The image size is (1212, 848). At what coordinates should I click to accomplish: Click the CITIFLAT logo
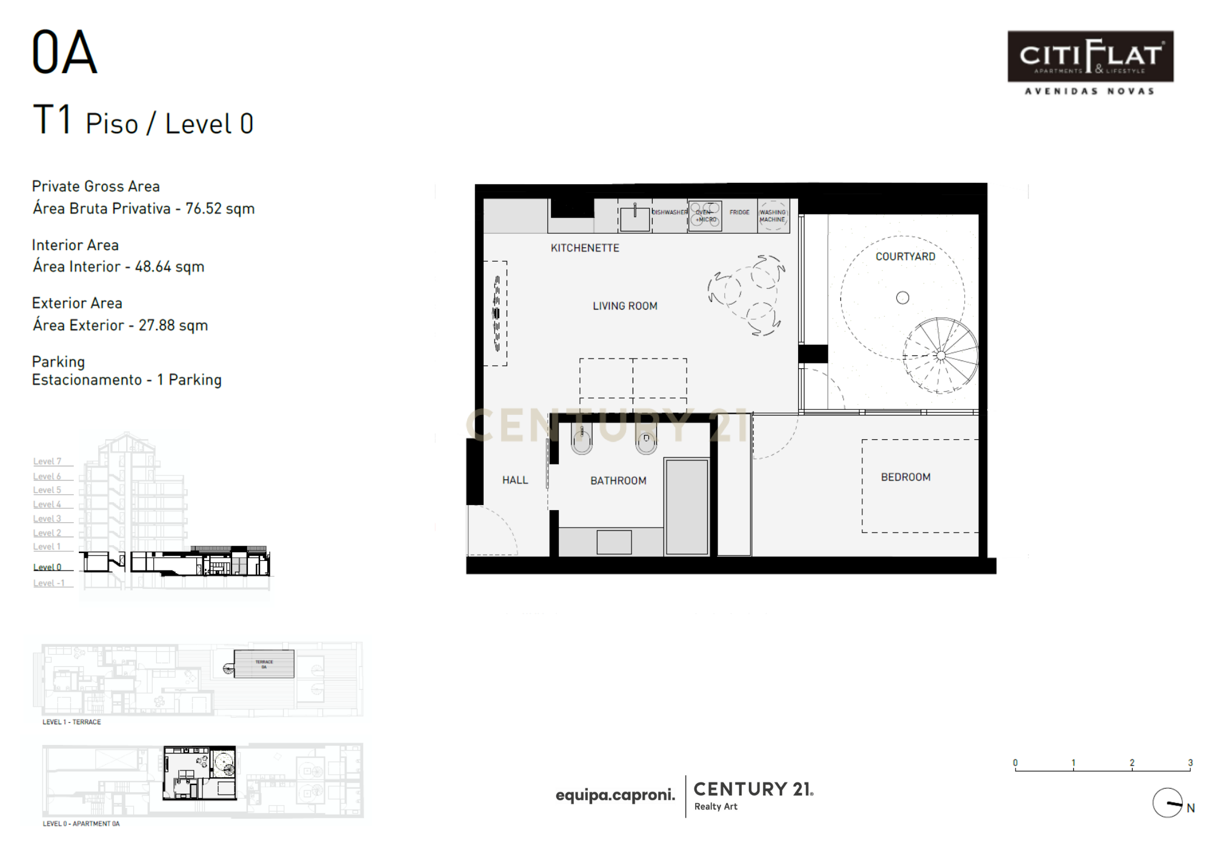click(x=1090, y=57)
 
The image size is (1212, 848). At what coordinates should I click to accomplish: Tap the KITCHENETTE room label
click(x=585, y=248)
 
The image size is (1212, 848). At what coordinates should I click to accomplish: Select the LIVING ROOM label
click(x=625, y=306)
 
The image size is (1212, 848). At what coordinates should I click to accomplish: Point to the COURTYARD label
click(x=905, y=257)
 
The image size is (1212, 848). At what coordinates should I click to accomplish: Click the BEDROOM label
click(x=905, y=477)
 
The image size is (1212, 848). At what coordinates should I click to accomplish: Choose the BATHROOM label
click(x=618, y=481)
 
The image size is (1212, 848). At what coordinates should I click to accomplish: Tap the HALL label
click(x=515, y=480)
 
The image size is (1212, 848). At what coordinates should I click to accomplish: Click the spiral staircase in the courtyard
click(x=941, y=356)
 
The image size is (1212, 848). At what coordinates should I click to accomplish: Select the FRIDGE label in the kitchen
click(x=739, y=213)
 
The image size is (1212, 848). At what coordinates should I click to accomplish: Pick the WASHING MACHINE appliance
click(x=773, y=216)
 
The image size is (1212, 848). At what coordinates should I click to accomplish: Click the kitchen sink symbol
click(x=634, y=217)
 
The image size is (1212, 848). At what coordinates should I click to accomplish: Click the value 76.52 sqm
click(x=220, y=209)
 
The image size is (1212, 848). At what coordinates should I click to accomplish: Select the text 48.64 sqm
click(x=170, y=267)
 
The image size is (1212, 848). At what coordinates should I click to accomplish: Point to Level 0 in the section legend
click(x=47, y=568)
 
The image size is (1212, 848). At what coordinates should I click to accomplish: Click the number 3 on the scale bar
click(x=1190, y=763)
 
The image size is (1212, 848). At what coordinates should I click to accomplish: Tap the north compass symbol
click(x=1168, y=803)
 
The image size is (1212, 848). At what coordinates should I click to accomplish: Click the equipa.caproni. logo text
click(x=615, y=795)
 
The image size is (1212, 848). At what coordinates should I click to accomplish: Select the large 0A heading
click(x=64, y=53)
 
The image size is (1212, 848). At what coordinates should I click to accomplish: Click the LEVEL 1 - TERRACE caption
click(x=72, y=722)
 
